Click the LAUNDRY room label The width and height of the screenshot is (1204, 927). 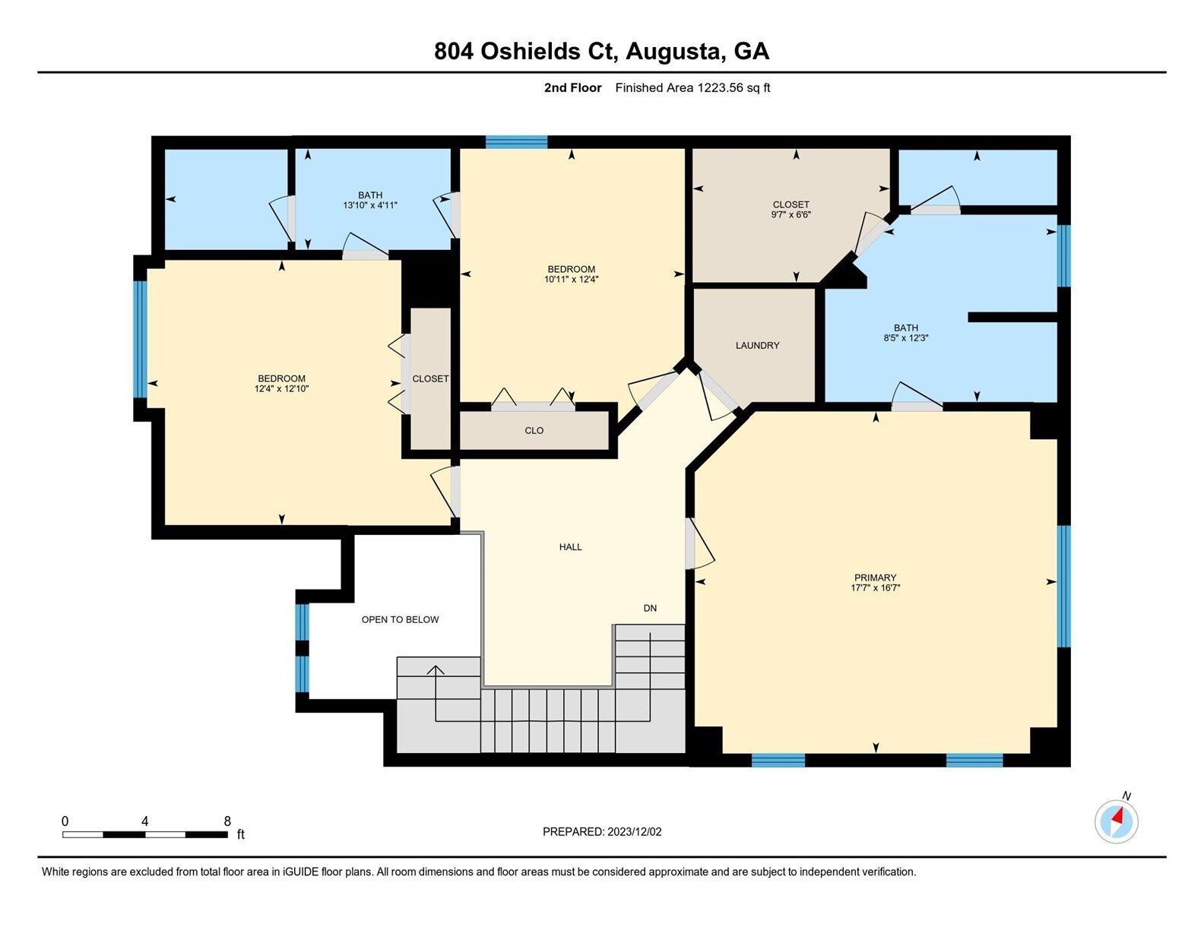tap(757, 346)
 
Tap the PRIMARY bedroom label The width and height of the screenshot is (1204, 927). tap(875, 577)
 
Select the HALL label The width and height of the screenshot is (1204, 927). tap(570, 547)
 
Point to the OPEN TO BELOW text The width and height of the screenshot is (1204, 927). tap(400, 620)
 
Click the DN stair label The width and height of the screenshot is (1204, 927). tap(650, 608)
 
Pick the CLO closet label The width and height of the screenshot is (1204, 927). tap(534, 430)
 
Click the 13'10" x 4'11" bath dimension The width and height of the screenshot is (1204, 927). tap(370, 205)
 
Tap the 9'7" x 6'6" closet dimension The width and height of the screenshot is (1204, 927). tap(791, 214)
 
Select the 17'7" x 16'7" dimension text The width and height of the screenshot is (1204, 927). tap(876, 587)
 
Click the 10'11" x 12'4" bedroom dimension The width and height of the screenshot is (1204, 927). tap(572, 279)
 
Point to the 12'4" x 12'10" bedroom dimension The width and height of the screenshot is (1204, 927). tap(281, 389)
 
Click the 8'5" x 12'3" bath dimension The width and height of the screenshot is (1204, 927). tap(906, 338)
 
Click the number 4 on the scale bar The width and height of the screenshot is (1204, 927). tap(144, 821)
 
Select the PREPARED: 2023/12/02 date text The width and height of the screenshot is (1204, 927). tap(602, 832)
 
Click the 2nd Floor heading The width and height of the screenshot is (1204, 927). tap(572, 87)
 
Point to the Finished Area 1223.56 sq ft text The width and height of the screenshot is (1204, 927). tap(692, 87)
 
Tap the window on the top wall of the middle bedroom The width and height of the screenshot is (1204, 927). tap(516, 142)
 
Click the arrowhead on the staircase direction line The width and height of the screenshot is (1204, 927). tap(436, 671)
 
